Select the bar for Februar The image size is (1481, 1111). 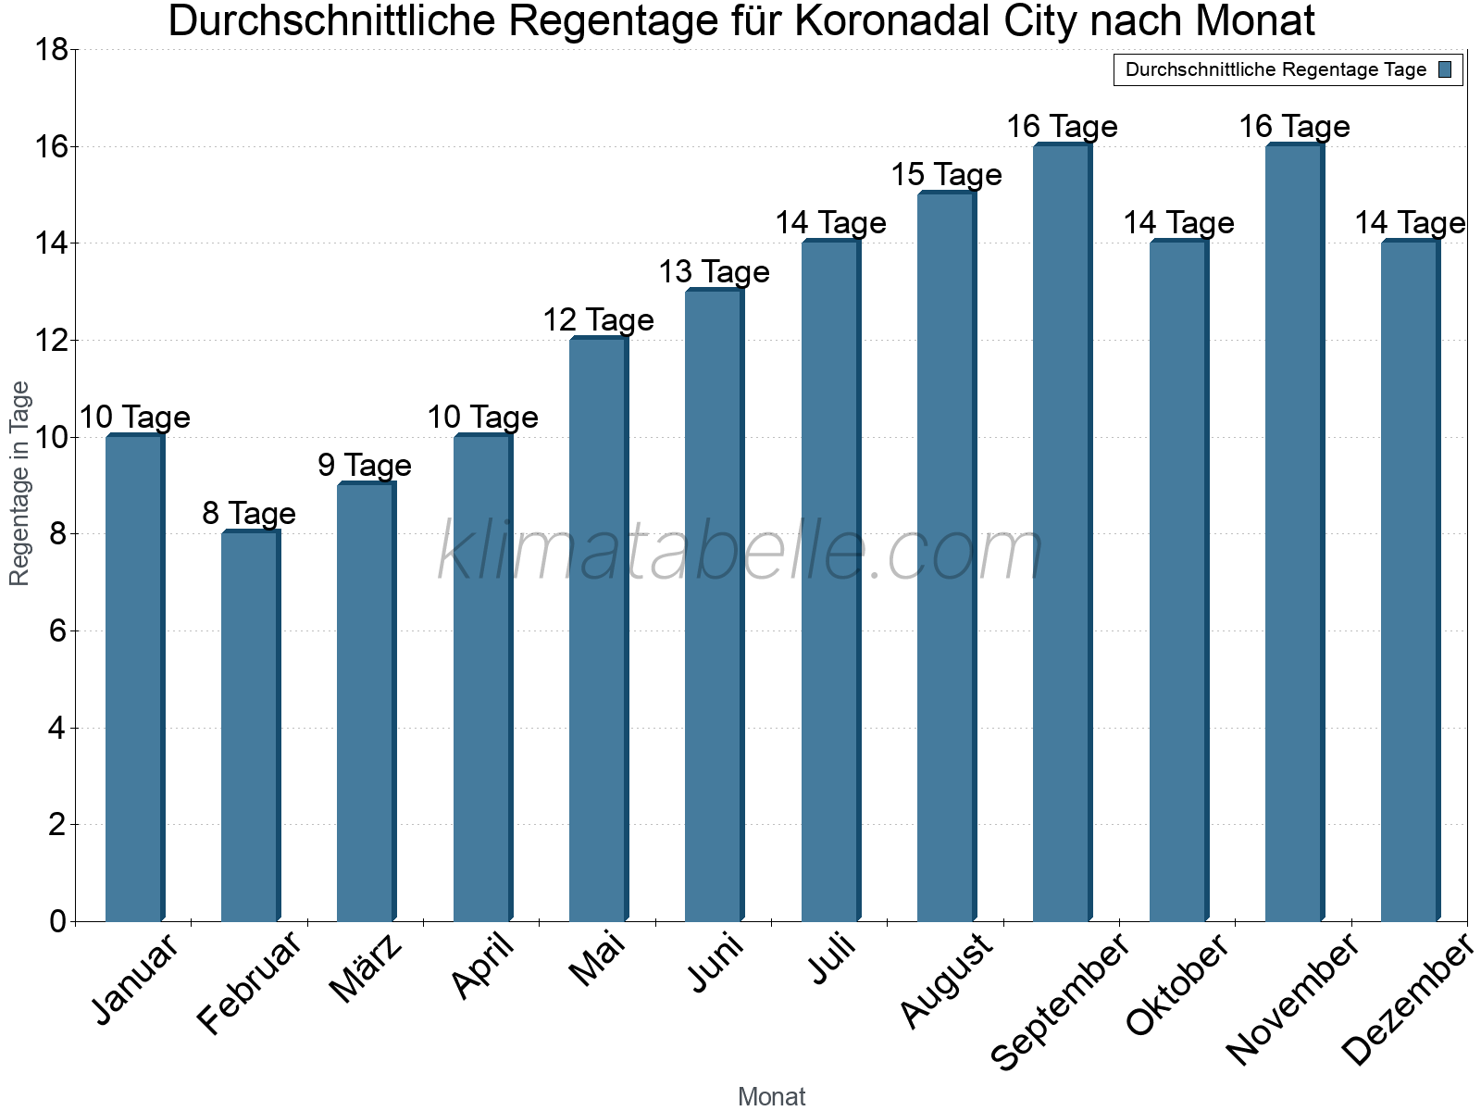(x=250, y=727)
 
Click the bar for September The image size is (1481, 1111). (x=1062, y=532)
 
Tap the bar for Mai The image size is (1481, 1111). (x=598, y=630)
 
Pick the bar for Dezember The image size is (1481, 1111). (x=1410, y=581)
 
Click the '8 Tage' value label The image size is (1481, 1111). (x=249, y=513)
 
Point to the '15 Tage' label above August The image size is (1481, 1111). (x=946, y=174)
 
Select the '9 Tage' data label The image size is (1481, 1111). (x=365, y=465)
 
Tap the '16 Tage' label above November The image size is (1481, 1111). (x=1294, y=126)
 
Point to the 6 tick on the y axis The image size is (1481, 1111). (x=57, y=631)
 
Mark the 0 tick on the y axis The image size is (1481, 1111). (x=57, y=921)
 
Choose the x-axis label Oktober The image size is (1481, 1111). (x=1177, y=983)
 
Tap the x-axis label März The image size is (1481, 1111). (x=367, y=968)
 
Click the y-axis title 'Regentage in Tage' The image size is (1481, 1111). (x=19, y=483)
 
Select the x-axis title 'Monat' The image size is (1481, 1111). (x=771, y=1096)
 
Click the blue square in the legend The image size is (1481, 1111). (x=1445, y=69)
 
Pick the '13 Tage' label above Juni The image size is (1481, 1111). (x=714, y=271)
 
